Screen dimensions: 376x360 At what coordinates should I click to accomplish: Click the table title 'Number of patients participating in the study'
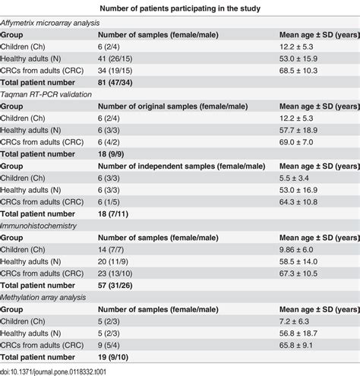click(180, 8)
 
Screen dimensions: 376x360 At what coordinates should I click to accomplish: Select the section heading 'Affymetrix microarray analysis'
click(51, 23)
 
